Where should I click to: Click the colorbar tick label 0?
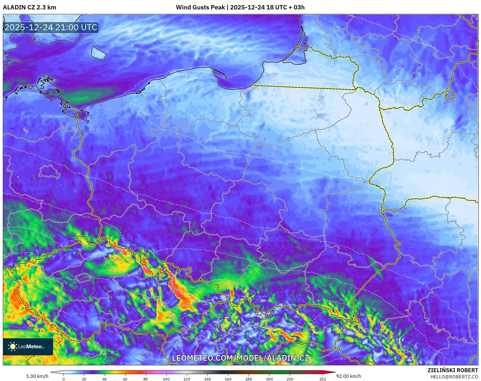coord(63,379)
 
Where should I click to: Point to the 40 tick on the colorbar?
coord(104,379)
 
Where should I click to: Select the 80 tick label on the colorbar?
coord(146,379)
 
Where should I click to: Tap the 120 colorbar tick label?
coord(187,379)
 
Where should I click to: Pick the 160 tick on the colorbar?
coord(228,379)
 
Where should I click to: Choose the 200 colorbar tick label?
coord(269,379)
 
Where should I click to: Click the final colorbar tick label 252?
coord(322,379)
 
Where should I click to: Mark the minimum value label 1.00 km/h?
coord(37,376)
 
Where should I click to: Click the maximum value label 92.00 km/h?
coord(348,376)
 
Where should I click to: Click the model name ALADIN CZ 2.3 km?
coord(29,7)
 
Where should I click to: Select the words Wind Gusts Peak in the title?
coord(200,7)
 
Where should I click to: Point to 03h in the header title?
coord(299,7)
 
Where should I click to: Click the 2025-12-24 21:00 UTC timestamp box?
coord(51,27)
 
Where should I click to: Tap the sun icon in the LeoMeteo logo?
coord(13,347)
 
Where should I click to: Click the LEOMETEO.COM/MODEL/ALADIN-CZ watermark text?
coord(240,358)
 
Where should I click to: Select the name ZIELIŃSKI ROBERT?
coord(452,370)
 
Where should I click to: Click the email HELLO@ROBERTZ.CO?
coord(454,377)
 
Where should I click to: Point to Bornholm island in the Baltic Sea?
coord(98,53)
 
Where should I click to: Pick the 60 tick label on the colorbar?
coord(125,379)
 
